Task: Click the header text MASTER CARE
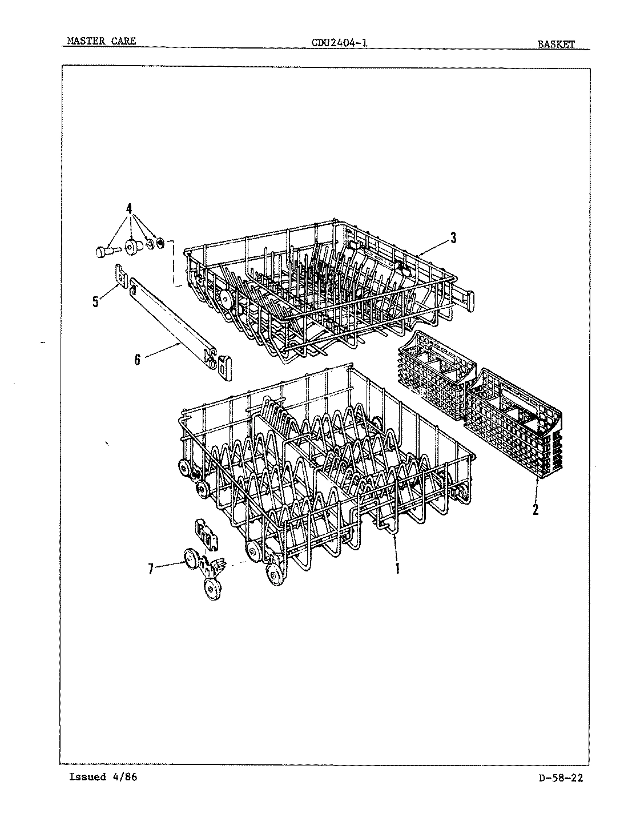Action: point(101,41)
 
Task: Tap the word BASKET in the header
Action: point(555,43)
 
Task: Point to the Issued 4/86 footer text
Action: point(103,777)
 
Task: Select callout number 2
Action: point(535,509)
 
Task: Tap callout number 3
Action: point(453,239)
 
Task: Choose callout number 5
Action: point(96,301)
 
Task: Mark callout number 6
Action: point(137,361)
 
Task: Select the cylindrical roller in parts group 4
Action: point(135,247)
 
